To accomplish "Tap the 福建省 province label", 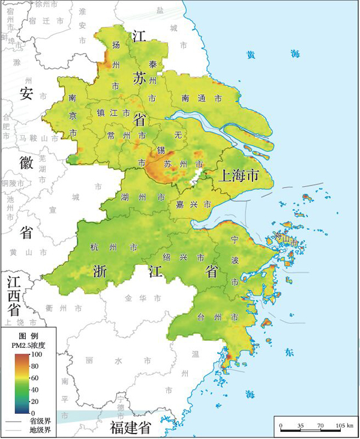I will pyautogui.click(x=130, y=428).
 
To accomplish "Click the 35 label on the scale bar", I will pyautogui.click(x=300, y=425).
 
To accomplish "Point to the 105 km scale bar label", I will pyautogui.click(x=344, y=425).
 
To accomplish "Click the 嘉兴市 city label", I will pyautogui.click(x=192, y=205).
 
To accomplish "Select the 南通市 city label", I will pyautogui.click(x=202, y=97).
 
